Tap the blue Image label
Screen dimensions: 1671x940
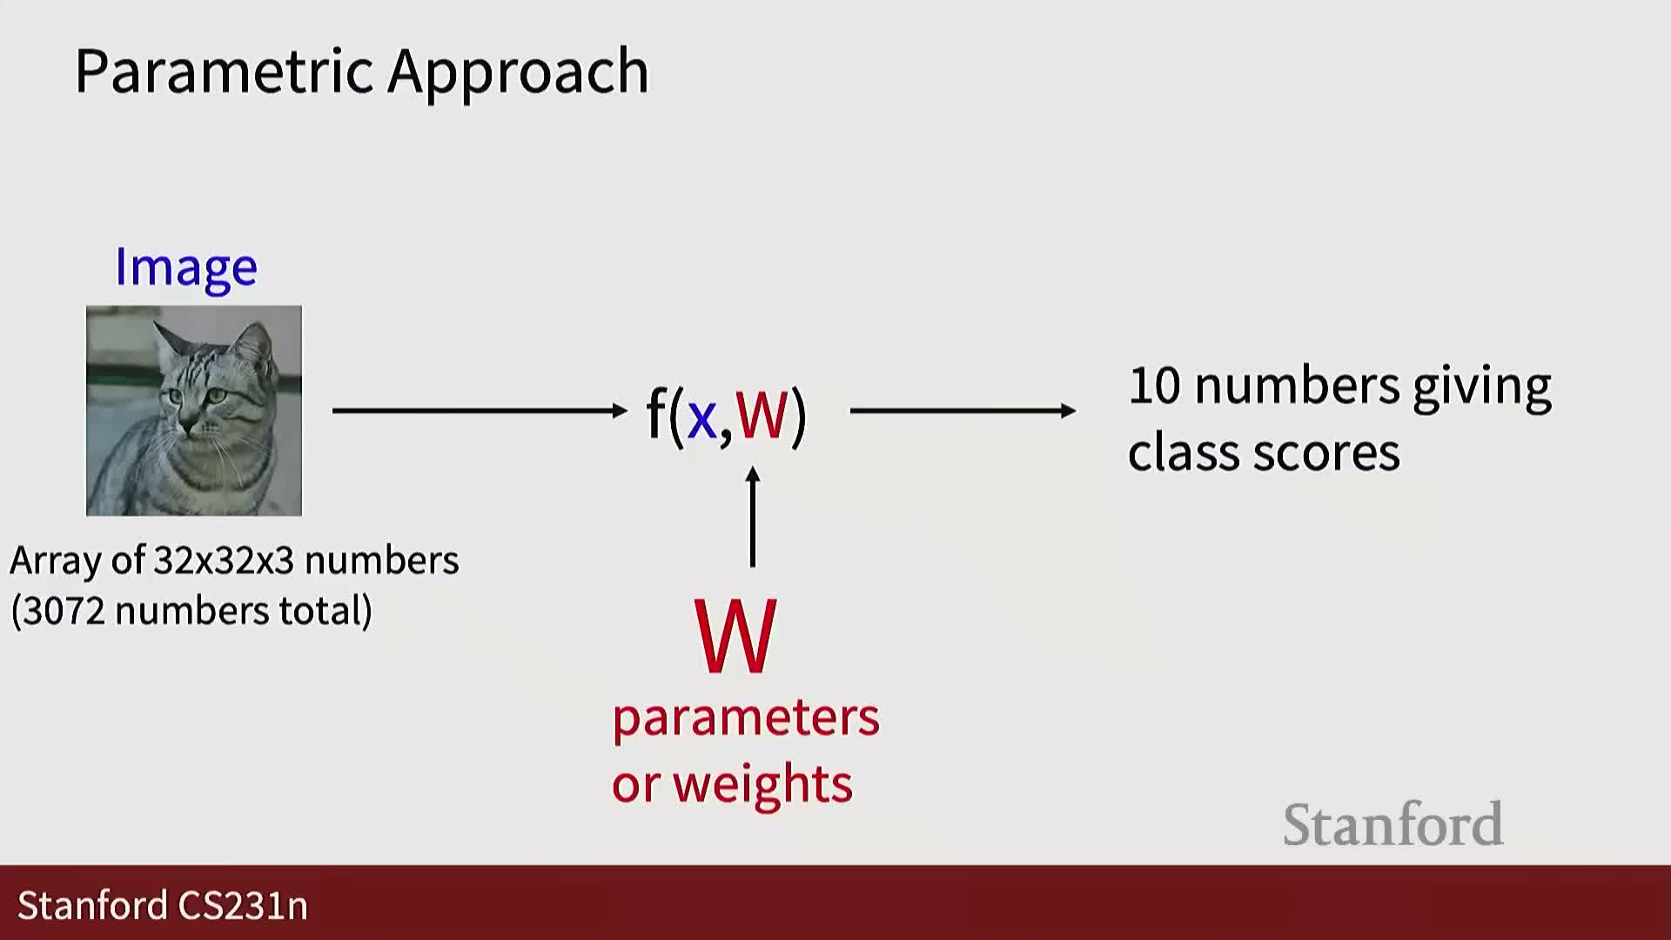pos(186,268)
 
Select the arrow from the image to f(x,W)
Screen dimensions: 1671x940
pos(480,410)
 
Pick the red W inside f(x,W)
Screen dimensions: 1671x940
pos(762,414)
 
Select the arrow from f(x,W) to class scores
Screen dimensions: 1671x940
pos(963,410)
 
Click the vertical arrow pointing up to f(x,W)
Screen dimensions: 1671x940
pos(753,517)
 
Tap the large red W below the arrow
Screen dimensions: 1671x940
pos(735,636)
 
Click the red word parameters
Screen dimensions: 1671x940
pos(746,719)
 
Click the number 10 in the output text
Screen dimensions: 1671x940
pos(1154,386)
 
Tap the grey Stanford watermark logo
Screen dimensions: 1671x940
pos(1393,824)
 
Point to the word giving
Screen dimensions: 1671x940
pos(1481,388)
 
